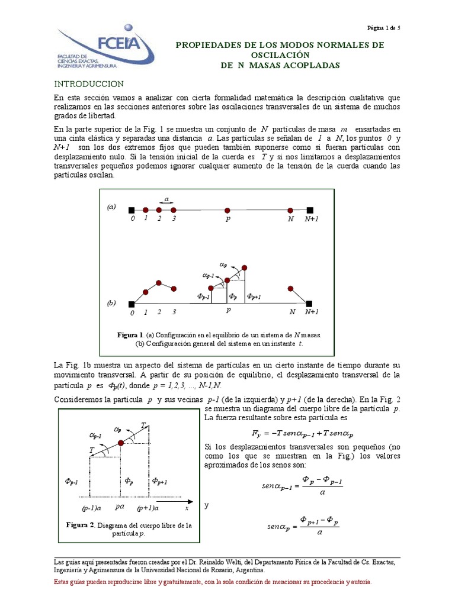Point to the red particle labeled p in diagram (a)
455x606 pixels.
(227, 210)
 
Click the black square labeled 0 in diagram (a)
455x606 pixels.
(132, 210)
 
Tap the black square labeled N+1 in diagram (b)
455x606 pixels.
(310, 304)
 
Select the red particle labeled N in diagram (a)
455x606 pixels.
(290, 210)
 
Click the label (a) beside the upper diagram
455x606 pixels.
(111, 207)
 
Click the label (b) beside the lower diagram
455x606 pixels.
(111, 302)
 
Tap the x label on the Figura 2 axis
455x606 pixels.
(186, 508)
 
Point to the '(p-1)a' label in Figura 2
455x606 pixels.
(92, 508)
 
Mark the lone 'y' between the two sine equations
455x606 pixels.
(207, 506)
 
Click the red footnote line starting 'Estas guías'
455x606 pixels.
(213, 582)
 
